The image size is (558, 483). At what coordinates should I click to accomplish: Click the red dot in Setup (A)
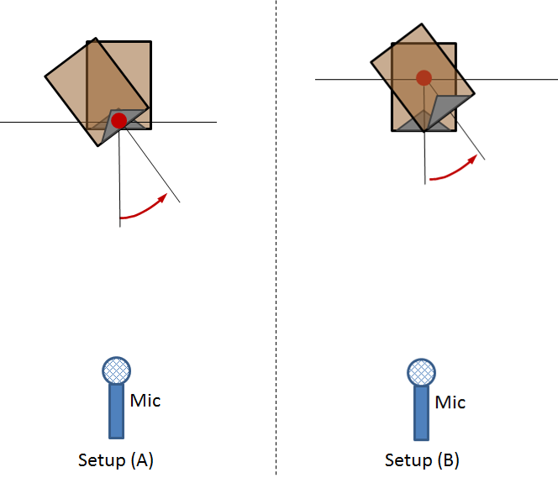point(118,121)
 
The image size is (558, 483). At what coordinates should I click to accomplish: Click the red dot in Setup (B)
point(424,78)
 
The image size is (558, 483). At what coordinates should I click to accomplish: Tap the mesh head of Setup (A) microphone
point(116,370)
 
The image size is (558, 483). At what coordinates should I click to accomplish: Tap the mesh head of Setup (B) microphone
point(421,372)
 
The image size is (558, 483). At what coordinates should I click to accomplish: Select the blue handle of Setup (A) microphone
point(116,411)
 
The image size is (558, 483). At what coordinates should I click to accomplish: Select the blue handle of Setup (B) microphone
point(421,413)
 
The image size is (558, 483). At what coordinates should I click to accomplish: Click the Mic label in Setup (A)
point(145,401)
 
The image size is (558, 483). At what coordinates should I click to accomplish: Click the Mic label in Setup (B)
point(450,402)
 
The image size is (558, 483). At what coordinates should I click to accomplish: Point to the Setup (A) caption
point(116,460)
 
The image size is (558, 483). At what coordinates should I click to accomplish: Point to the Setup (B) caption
point(422,460)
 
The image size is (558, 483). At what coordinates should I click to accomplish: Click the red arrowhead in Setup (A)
point(163,197)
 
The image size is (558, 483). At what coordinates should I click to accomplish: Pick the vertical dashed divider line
point(276,237)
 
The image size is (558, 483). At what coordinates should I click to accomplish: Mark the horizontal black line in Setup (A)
point(108,122)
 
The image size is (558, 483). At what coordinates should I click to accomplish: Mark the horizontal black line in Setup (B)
point(436,79)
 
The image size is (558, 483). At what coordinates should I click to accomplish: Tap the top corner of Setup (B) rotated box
point(422,24)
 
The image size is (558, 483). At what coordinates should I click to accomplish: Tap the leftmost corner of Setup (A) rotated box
point(45,76)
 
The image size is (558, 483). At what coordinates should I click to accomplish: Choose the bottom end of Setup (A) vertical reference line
point(120,227)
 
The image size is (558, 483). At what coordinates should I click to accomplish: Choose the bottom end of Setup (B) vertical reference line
point(425,184)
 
